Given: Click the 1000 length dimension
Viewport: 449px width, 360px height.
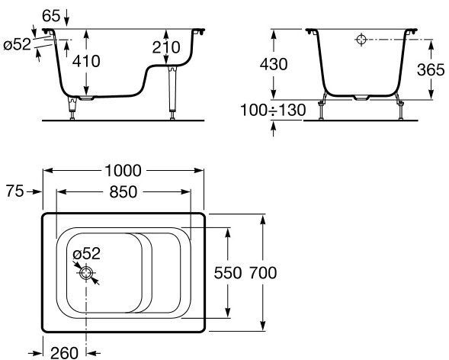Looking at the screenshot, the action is point(123,171).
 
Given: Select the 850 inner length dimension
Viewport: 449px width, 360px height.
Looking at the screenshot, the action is point(123,192).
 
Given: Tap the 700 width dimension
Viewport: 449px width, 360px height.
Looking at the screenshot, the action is point(263,272).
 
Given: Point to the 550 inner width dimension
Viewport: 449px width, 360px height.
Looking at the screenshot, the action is point(228,272).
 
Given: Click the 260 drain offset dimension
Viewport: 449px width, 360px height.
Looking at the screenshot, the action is point(64,353).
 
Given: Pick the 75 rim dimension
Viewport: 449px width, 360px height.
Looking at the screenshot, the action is point(15,191).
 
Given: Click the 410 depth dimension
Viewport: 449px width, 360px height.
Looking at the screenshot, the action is point(86,61).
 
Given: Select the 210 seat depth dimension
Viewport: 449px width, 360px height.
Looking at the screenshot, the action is point(166,47).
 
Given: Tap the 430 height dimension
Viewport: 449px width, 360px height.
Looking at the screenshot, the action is point(274,64).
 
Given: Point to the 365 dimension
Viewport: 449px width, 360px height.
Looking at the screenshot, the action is point(431,69).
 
